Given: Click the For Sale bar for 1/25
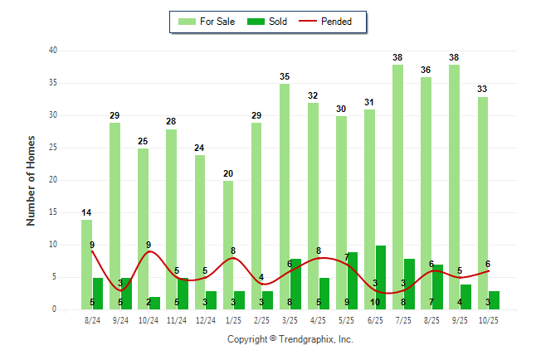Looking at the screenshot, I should (x=228, y=245).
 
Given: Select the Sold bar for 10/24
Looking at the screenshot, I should (x=154, y=303).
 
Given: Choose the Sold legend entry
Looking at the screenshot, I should (x=268, y=22).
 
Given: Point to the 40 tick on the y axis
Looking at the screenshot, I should (x=52, y=51).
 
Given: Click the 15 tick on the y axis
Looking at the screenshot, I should (x=52, y=212).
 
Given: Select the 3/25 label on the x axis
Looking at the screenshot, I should (x=290, y=320).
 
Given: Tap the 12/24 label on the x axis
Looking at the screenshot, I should (x=205, y=320).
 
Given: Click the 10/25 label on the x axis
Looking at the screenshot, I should (x=489, y=320).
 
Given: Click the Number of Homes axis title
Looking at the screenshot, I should (x=32, y=180).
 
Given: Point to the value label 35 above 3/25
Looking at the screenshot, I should (x=285, y=75).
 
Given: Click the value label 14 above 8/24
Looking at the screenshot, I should (x=86, y=212).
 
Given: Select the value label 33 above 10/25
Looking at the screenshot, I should (x=483, y=89).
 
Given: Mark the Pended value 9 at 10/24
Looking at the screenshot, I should (x=149, y=245).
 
